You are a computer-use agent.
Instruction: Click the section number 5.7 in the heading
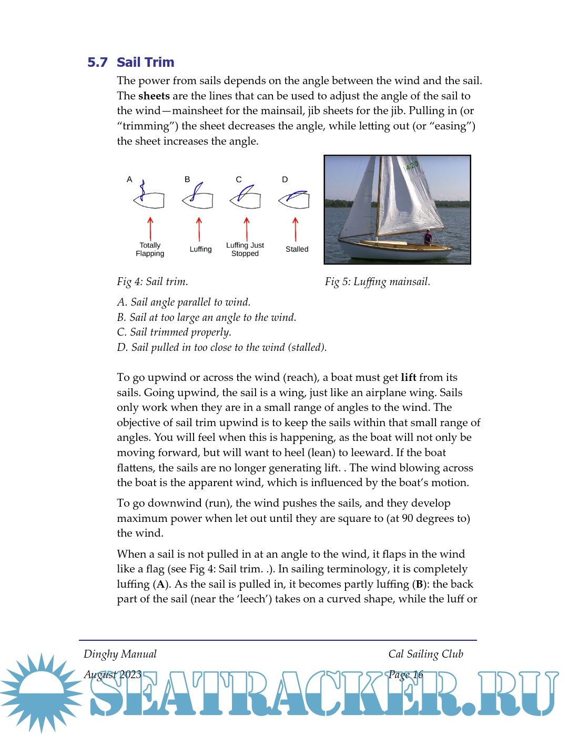coord(97,63)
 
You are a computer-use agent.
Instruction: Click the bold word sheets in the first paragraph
coord(154,96)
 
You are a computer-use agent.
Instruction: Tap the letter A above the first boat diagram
coord(129,179)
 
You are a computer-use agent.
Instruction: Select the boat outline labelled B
coord(198,199)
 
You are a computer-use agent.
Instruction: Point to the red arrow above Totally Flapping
coord(150,228)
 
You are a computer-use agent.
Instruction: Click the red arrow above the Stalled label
coord(296,229)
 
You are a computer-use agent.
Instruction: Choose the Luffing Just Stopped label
coord(245,249)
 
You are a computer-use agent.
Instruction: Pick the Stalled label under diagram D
coord(297,249)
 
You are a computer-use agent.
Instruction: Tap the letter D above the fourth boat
coord(285,179)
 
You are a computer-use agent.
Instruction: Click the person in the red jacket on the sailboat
coord(428,237)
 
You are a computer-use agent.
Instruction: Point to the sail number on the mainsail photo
coord(411,166)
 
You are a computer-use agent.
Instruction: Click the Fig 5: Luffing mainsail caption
coord(377,282)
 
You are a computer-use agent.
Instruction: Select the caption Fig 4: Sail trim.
coord(153,282)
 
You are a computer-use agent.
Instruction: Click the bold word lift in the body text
coord(408,377)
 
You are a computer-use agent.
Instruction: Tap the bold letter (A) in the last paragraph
coord(161,584)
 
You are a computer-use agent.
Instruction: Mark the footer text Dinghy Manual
coord(120,654)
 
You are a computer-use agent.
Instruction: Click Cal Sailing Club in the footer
coord(425,654)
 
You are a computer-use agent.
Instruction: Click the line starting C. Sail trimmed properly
coord(174,332)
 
